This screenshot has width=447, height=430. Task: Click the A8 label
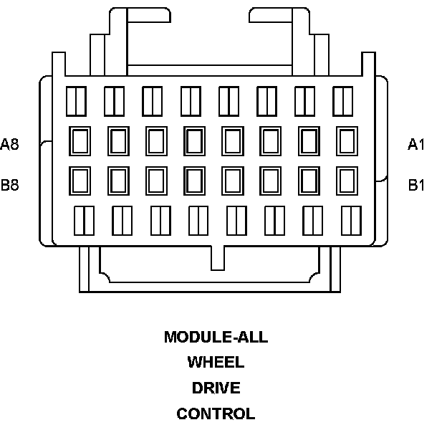click(x=10, y=144)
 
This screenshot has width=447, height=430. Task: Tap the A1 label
click(x=416, y=145)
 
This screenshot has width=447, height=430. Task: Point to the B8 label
click(x=10, y=185)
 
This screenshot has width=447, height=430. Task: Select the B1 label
click(x=416, y=185)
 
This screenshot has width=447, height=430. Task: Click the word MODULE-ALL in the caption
click(x=216, y=337)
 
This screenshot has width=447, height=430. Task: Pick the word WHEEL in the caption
click(x=216, y=362)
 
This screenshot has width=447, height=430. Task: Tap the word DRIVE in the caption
click(x=216, y=388)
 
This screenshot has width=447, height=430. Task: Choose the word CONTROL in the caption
click(x=216, y=414)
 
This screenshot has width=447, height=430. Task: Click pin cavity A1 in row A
click(x=347, y=140)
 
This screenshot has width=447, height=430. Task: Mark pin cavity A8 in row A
click(x=79, y=140)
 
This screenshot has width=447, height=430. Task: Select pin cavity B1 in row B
click(x=347, y=180)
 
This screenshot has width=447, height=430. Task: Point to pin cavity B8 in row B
click(x=79, y=180)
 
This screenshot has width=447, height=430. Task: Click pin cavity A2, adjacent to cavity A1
click(x=309, y=140)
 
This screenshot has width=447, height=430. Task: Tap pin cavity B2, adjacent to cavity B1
click(x=309, y=180)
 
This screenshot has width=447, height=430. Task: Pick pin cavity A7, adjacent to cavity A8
click(x=117, y=140)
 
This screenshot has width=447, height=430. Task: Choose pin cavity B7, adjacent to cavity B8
click(x=117, y=180)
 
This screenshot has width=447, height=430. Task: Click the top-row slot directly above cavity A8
click(x=76, y=101)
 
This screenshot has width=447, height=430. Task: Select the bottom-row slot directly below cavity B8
click(x=85, y=220)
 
